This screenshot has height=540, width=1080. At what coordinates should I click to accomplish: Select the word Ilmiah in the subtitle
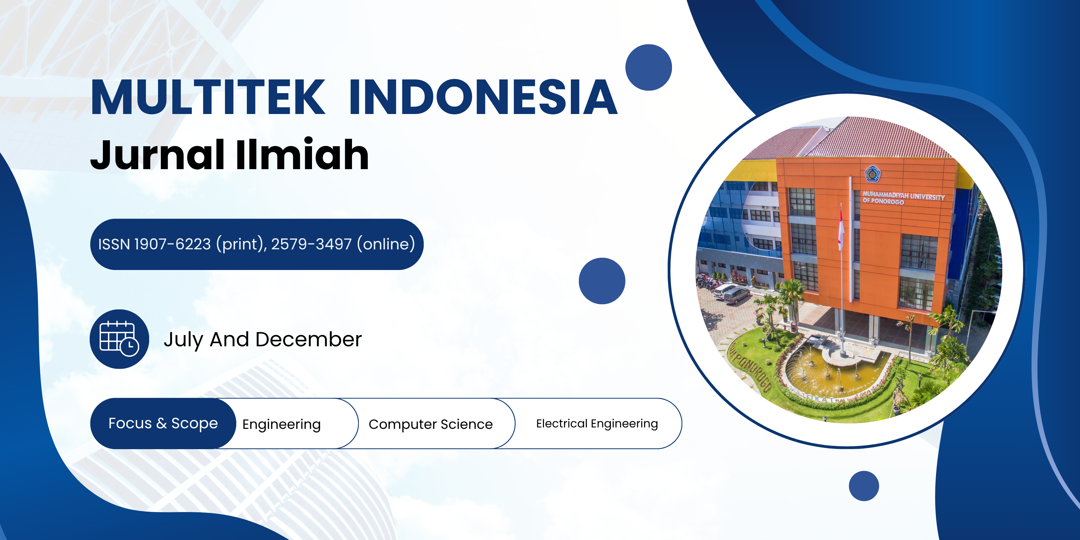(302, 154)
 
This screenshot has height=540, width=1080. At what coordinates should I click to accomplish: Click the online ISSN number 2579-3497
(311, 244)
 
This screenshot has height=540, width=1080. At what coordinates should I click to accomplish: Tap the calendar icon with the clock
(119, 339)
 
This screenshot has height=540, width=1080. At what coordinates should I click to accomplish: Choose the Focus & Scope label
(163, 423)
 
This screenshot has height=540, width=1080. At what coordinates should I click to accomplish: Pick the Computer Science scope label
(431, 424)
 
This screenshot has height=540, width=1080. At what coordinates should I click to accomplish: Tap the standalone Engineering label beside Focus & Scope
(282, 425)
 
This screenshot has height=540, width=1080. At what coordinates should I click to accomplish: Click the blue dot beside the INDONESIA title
(649, 67)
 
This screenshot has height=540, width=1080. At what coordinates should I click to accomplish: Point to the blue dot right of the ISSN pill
(602, 281)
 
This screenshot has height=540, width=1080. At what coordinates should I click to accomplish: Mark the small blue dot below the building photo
(864, 486)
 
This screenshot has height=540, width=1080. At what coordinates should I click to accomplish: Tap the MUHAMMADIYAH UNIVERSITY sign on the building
(903, 198)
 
